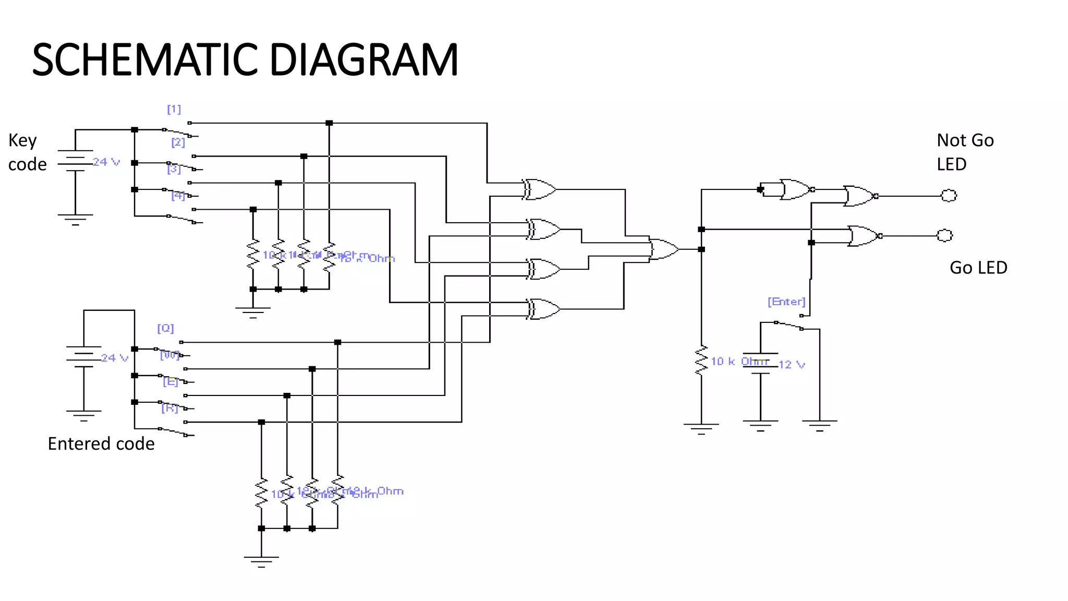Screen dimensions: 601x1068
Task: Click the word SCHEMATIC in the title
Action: point(145,59)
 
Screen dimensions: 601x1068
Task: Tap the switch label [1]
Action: point(174,109)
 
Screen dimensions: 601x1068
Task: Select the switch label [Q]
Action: point(165,328)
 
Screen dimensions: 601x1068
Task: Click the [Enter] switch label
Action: point(786,302)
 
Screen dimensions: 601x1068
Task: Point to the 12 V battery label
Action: point(792,365)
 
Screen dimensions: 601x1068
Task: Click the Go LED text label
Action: point(978,268)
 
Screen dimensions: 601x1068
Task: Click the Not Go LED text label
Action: point(965,152)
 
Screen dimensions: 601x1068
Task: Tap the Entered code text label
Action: point(101,443)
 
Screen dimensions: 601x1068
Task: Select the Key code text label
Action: point(26,152)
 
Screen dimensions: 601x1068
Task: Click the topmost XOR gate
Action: point(540,189)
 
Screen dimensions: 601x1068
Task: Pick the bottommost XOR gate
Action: point(543,309)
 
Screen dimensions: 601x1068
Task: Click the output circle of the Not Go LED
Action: point(949,196)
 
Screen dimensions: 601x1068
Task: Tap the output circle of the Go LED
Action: point(944,235)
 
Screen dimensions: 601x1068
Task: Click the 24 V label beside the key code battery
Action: point(106,162)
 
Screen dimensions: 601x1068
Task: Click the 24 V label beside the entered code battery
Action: point(114,358)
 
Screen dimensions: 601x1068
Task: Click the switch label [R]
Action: point(169,408)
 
